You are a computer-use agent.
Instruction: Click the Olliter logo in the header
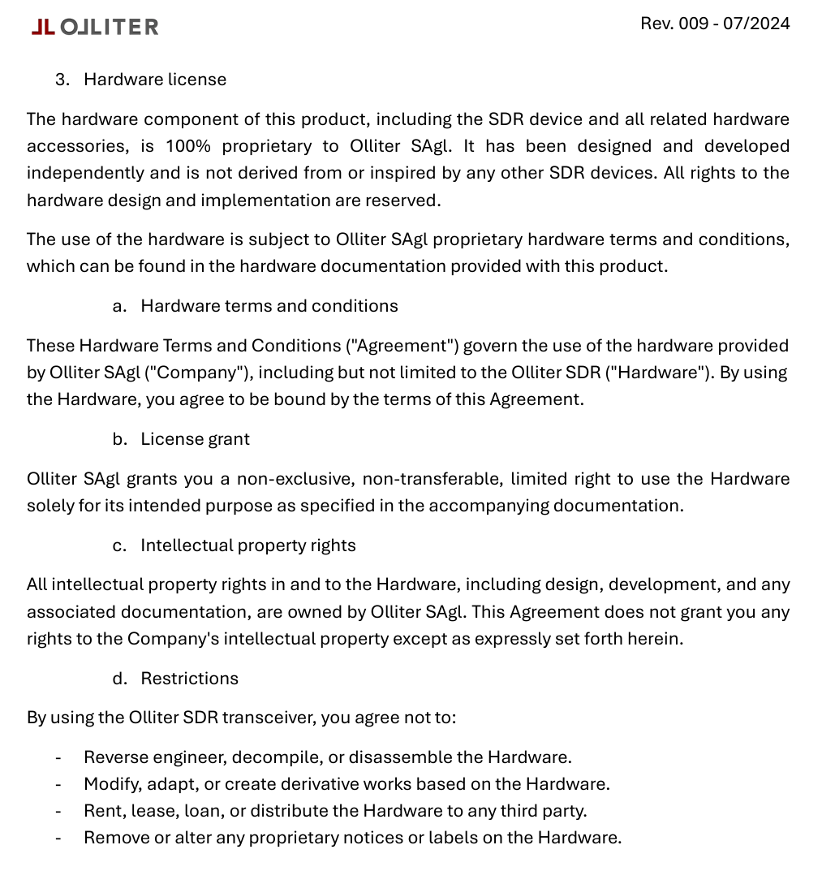click(95, 27)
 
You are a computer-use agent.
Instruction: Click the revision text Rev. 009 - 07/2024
click(715, 24)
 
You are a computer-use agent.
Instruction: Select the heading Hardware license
click(155, 80)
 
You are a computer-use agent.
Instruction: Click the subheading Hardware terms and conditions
click(269, 306)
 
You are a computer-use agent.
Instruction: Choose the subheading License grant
click(195, 439)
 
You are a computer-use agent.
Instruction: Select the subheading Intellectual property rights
click(248, 545)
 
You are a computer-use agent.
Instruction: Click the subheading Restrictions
click(189, 679)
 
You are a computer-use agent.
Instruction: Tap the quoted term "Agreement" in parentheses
click(402, 346)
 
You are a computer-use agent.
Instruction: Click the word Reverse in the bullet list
click(114, 757)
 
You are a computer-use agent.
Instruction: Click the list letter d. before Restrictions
click(120, 679)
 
